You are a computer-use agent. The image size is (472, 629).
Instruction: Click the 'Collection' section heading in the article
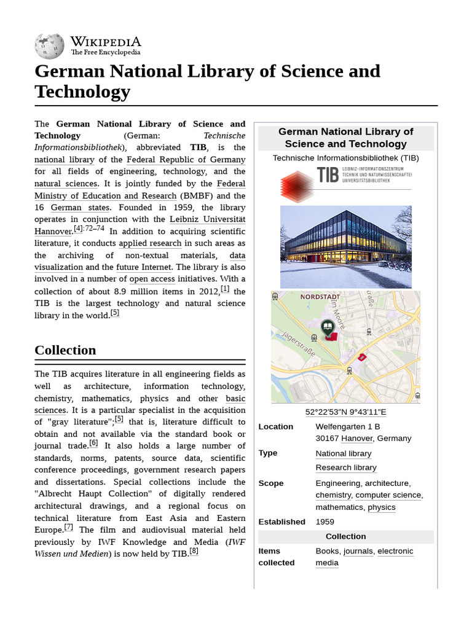(65, 350)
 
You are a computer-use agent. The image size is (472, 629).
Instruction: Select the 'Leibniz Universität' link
(207, 219)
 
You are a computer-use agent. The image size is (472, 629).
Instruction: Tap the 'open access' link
(152, 279)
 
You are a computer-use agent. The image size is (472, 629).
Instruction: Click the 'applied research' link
(150, 243)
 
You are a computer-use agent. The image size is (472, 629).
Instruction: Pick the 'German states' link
(80, 208)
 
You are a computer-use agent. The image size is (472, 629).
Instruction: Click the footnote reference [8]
(194, 551)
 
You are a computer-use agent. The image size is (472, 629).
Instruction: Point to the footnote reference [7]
(68, 527)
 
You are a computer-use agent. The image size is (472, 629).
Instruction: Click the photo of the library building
(345, 247)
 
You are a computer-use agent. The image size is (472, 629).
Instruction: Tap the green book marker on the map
(328, 327)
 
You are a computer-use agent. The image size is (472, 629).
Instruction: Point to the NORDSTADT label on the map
(320, 297)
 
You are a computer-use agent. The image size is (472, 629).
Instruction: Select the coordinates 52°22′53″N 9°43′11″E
(345, 412)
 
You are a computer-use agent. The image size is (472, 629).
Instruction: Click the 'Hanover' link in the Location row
(356, 439)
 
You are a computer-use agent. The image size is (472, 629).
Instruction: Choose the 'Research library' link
(346, 468)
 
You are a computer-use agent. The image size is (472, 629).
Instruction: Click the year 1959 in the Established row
(324, 522)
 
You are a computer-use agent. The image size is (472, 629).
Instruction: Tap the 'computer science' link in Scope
(388, 495)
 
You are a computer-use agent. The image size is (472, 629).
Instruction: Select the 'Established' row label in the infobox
(281, 522)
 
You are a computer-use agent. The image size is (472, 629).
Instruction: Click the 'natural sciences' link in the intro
(66, 184)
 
